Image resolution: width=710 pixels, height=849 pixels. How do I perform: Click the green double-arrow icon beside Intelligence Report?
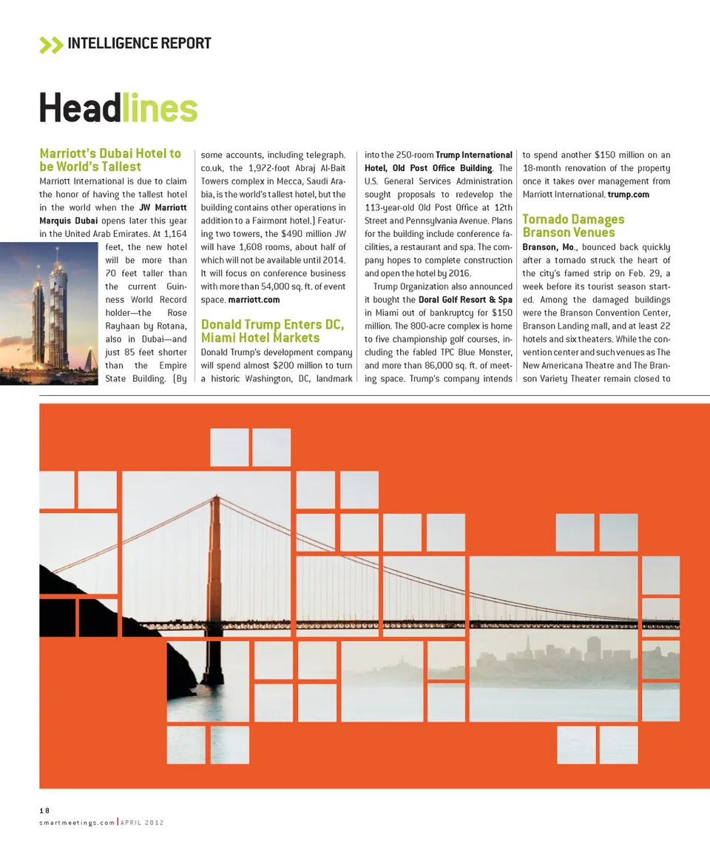click(x=51, y=44)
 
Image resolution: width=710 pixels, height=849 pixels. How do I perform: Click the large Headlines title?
click(x=118, y=109)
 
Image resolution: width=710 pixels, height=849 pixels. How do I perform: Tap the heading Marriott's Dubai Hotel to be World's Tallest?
click(x=110, y=160)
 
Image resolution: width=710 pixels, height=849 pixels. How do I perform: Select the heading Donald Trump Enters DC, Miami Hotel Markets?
click(x=272, y=331)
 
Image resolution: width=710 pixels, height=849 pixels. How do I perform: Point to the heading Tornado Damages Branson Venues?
click(x=573, y=225)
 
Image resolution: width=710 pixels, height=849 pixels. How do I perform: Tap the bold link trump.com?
click(x=628, y=195)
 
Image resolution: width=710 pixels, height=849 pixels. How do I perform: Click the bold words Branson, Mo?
click(x=550, y=247)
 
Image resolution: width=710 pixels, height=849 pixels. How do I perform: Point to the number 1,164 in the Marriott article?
click(x=171, y=234)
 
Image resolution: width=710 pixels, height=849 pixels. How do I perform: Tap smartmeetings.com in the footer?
click(x=77, y=823)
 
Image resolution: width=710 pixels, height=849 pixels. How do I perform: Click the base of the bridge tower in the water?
click(x=213, y=677)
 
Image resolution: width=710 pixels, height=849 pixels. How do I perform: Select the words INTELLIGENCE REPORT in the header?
click(x=139, y=44)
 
